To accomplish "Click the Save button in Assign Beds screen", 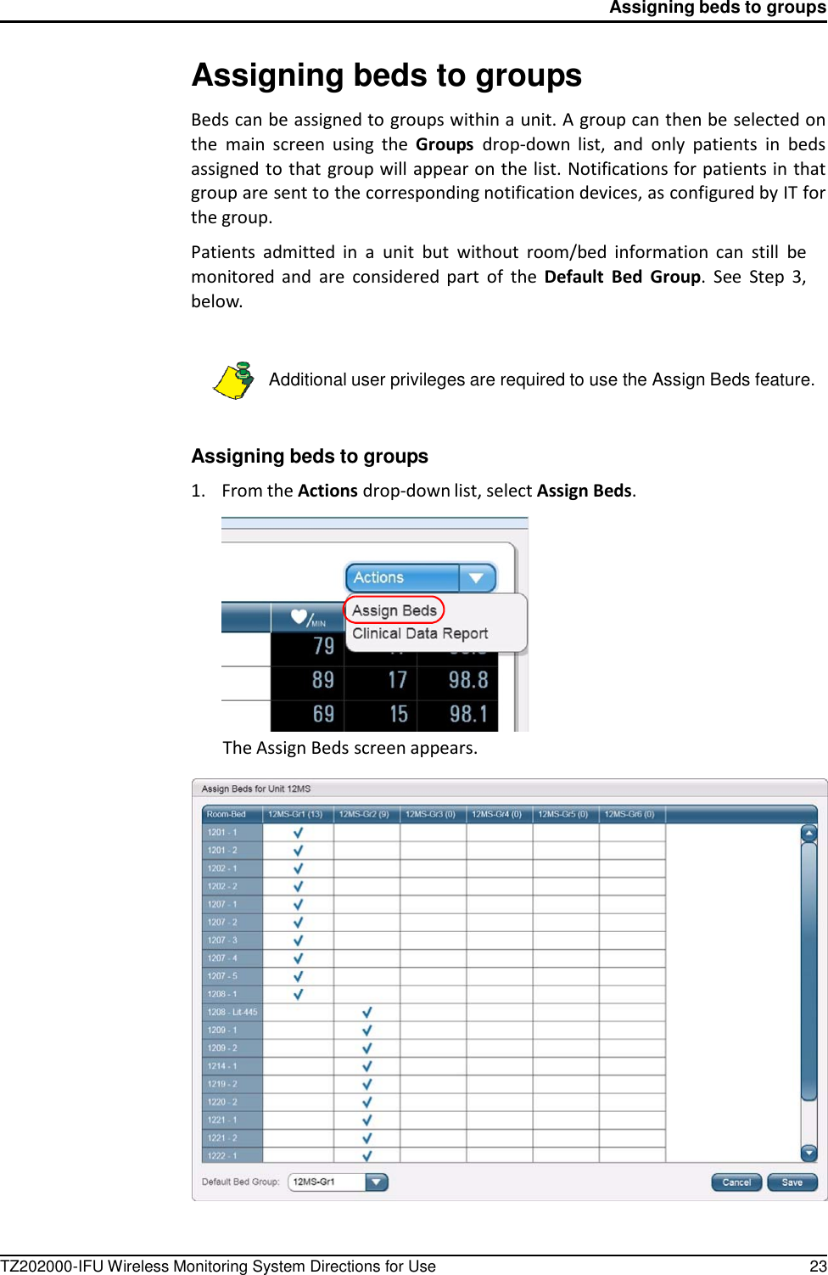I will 792,1182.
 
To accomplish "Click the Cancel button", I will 736,1182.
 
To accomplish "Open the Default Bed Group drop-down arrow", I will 377,1182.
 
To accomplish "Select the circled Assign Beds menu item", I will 394,610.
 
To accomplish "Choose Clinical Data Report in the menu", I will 420,633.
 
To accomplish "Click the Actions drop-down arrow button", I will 477,578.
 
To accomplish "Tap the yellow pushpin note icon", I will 233,380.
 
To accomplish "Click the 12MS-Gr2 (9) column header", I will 364,814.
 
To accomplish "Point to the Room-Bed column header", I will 227,814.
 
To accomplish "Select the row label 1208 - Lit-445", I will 232,1012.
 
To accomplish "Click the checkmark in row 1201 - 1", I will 298,833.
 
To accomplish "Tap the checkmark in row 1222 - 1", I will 367,1156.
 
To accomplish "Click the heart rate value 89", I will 323,680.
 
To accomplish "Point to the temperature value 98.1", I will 468,714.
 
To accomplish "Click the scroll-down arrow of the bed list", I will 808,1153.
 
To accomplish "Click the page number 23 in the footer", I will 818,1267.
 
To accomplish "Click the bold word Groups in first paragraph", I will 445,144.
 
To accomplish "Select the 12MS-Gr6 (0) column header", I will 629,814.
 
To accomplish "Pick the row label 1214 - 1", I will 222,1066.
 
